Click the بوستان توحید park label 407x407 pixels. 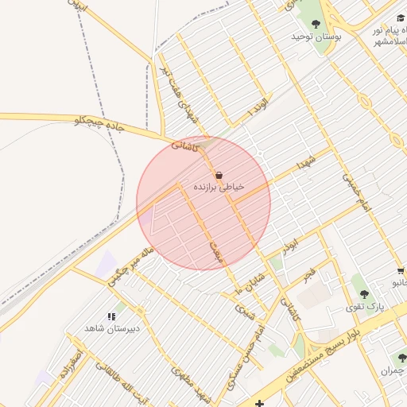point(316,37)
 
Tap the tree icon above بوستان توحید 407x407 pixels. point(316,23)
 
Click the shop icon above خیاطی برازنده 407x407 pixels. point(219,174)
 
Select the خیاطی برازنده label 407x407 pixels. point(219,187)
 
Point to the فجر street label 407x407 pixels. point(308,276)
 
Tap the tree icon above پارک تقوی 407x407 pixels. point(364,294)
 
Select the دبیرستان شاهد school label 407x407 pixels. point(113,328)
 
